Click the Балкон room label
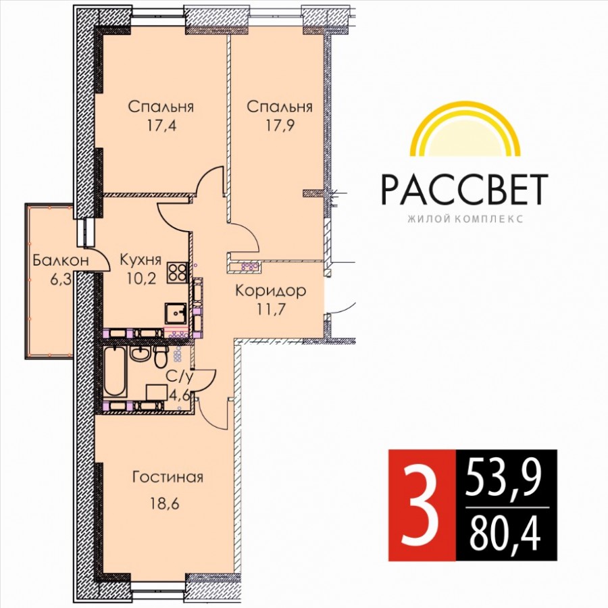[61, 260]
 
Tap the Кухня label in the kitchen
[141, 259]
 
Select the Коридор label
[271, 290]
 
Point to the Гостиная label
[168, 477]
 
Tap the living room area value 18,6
[164, 504]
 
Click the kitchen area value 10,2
[141, 278]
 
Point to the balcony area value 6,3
[61, 279]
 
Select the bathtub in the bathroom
[115, 372]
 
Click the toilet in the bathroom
[161, 357]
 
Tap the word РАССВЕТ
[465, 190]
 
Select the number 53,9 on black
[504, 478]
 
